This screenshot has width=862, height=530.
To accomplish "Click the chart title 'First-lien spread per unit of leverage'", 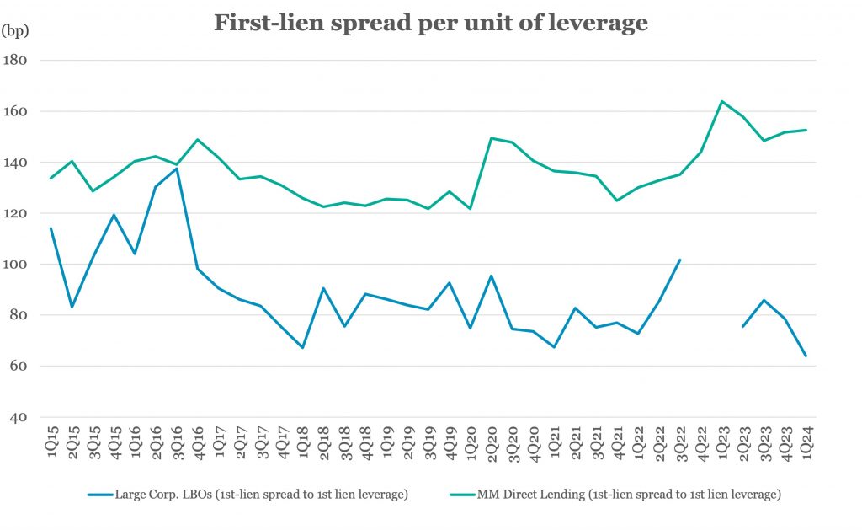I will pos(430,23).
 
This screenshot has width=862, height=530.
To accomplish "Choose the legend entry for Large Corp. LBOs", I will pos(248,495).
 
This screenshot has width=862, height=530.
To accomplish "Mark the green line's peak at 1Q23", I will pos(722,101).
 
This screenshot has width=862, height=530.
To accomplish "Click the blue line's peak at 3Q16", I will pos(177,169).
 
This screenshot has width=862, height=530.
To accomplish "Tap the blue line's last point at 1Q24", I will pos(806,356).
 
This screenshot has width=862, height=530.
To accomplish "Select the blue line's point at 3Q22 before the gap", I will pos(680,260).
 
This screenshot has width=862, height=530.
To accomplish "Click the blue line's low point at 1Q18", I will pos(302,347).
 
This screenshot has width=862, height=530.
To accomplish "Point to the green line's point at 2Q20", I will pos(492,138).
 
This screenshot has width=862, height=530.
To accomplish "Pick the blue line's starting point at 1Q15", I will pos(51,228).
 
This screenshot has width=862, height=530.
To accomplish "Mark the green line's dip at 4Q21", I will pos(617,201).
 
